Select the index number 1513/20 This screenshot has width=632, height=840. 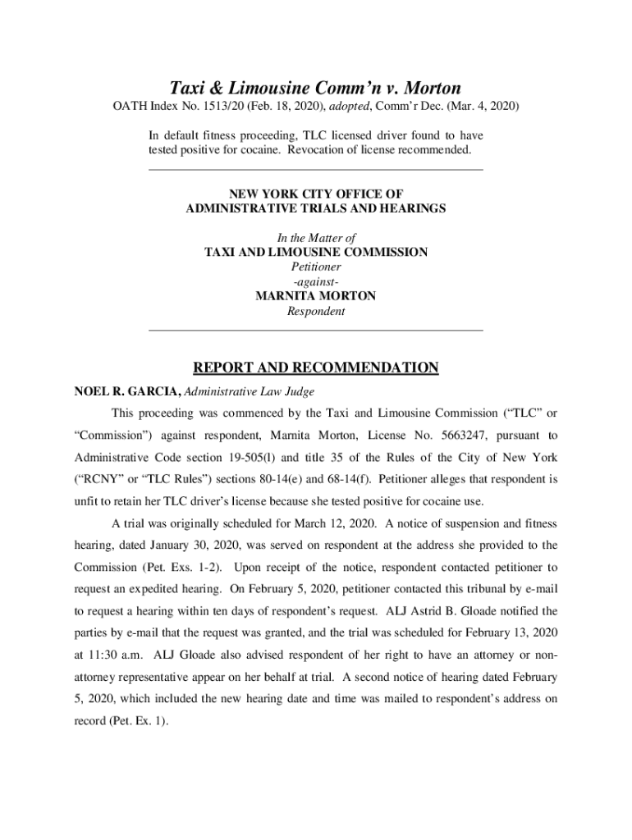click(x=217, y=107)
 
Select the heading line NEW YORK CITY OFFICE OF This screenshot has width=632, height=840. click(x=316, y=194)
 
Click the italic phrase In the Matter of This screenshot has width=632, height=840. click(x=316, y=237)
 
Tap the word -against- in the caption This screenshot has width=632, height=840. click(x=316, y=281)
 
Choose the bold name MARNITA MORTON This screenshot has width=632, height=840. click(x=316, y=296)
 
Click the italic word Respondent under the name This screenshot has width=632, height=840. click(x=316, y=312)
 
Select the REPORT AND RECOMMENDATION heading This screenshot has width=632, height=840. click(x=316, y=367)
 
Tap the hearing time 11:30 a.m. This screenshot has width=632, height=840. click(x=114, y=655)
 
